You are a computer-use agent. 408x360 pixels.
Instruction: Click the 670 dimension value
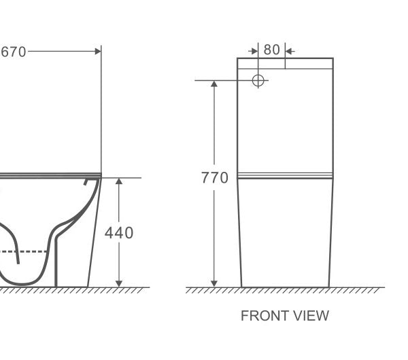click(13, 51)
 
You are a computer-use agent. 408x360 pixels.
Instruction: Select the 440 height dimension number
click(118, 232)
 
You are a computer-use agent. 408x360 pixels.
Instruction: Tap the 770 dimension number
click(214, 178)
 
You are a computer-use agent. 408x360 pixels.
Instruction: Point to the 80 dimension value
click(271, 50)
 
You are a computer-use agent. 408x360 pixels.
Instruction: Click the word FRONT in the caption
click(263, 316)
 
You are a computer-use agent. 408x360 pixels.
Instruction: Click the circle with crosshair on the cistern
click(258, 81)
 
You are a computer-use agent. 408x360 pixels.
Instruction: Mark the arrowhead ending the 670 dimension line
click(97, 51)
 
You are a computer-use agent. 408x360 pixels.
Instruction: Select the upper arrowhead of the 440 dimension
click(119, 182)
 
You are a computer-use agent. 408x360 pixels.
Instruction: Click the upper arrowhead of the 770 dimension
click(214, 84)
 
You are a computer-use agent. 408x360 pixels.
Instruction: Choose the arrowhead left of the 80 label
click(254, 50)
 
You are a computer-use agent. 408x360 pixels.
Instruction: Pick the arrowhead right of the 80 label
click(288, 50)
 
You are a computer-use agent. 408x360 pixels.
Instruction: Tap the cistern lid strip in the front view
click(285, 63)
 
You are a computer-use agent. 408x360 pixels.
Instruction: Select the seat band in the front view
click(285, 176)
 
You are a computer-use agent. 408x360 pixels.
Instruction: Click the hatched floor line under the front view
click(285, 290)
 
